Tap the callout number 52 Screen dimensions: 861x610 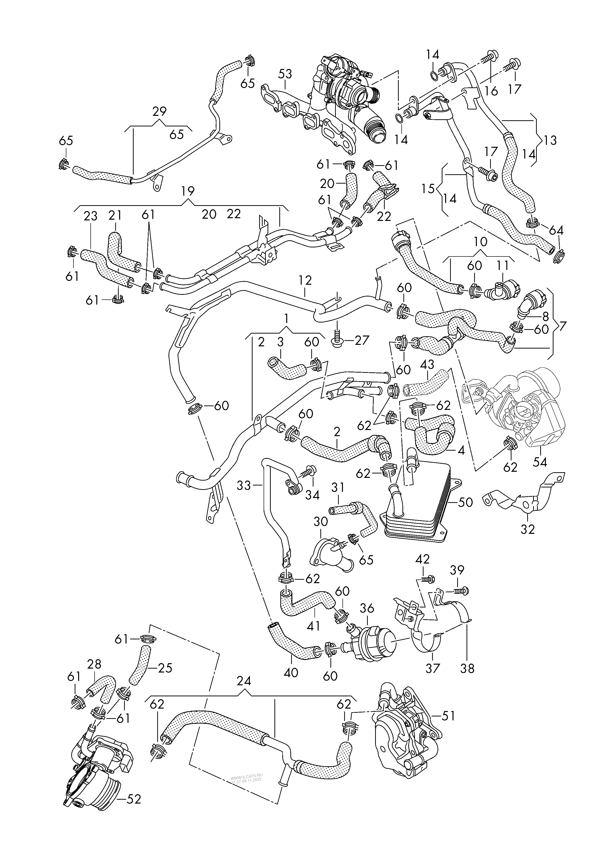click(133, 809)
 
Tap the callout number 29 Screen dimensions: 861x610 click(160, 111)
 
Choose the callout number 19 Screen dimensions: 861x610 click(187, 191)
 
